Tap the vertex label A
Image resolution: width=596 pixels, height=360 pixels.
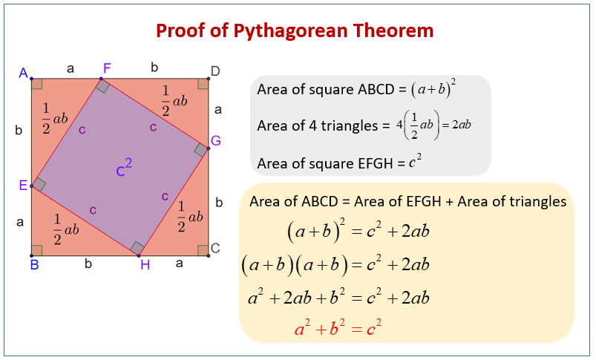pyautogui.click(x=24, y=73)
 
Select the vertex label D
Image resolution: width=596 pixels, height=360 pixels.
pyautogui.click(x=215, y=71)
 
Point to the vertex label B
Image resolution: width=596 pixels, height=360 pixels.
pyautogui.click(x=34, y=264)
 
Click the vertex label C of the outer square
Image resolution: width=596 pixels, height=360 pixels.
pyautogui.click(x=215, y=248)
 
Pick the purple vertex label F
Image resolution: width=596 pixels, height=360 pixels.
pyautogui.click(x=107, y=68)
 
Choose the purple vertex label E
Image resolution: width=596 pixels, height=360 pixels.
pyautogui.click(x=23, y=185)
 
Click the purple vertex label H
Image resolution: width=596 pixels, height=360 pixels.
pyautogui.click(x=145, y=265)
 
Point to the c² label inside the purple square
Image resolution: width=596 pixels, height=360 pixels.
pyautogui.click(x=124, y=170)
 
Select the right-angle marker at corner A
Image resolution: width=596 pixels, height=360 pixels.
pyautogui.click(x=37, y=84)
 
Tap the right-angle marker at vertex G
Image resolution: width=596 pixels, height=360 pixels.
pyautogui.click(x=200, y=150)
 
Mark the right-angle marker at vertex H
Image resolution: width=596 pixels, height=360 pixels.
pyautogui.click(x=137, y=248)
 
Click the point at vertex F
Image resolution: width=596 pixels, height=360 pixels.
pyautogui.click(x=101, y=79)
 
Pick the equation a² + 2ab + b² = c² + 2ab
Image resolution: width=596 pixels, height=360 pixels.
pyautogui.click(x=338, y=297)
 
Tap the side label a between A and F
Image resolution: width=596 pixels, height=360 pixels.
pyautogui.click(x=71, y=68)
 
